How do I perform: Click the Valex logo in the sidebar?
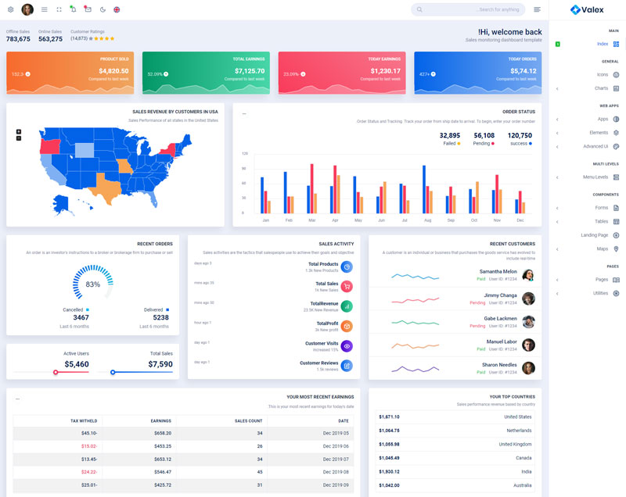point(586,10)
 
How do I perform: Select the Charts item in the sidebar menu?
point(600,88)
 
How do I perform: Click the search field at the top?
point(468,9)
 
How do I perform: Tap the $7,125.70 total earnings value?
point(249,71)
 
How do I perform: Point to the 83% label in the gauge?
point(93,284)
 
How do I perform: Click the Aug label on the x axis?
point(428,220)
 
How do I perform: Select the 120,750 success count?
point(520,135)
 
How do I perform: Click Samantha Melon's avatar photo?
point(528,275)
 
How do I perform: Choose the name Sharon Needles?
point(499,365)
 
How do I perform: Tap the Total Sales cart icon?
point(347,287)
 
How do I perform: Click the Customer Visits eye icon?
point(347,346)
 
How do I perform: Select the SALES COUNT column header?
point(248,420)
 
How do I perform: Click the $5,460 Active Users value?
point(77,364)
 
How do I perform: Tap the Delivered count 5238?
point(160,318)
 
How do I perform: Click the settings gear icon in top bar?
point(10,9)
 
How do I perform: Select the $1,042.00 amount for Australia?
point(389,485)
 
